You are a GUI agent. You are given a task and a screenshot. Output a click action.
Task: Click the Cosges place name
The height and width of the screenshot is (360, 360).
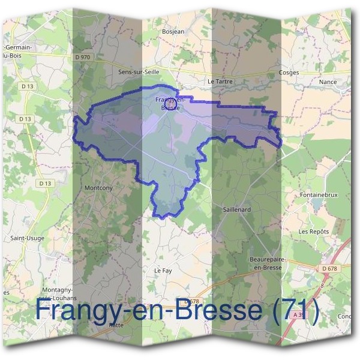pyautogui.click(x=289, y=72)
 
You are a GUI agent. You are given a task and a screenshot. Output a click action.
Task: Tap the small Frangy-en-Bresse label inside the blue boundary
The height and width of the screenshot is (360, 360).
pyautogui.click(x=169, y=103)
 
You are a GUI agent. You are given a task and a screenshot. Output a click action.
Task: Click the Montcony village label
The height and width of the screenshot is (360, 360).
pyautogui.click(x=100, y=188)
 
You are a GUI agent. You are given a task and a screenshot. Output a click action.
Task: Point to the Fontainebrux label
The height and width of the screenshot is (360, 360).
pyautogui.click(x=320, y=195)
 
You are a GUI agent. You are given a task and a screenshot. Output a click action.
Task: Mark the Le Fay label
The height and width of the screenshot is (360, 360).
pyautogui.click(x=163, y=271)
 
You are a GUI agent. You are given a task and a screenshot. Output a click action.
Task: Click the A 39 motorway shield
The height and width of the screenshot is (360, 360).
pyautogui.click(x=298, y=314)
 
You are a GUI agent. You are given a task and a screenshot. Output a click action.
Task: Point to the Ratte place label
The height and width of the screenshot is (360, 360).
pyautogui.click(x=116, y=324)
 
